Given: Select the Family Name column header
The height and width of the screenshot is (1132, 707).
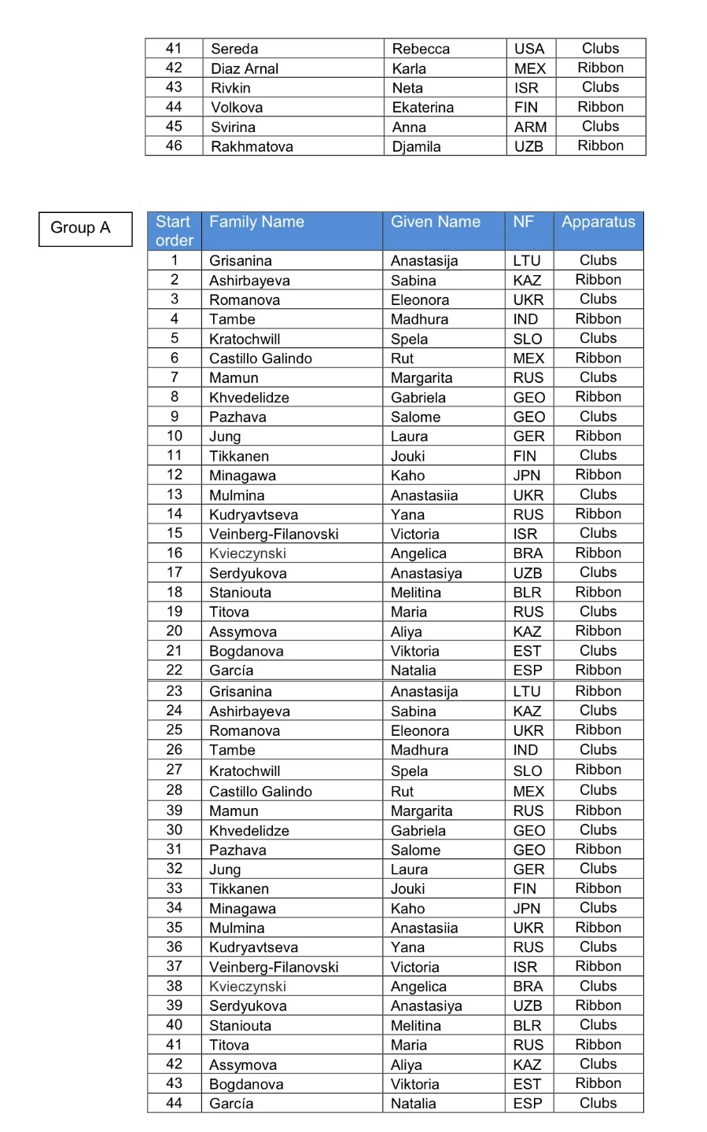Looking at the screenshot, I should pos(256,222).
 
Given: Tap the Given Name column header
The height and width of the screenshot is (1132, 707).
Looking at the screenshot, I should pos(435,222).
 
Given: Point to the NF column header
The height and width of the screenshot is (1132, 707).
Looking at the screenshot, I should pos(523,222).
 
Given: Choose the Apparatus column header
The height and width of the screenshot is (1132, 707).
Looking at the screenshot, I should pos(598,222).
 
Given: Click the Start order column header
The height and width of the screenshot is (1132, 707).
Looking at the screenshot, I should pos(174,231).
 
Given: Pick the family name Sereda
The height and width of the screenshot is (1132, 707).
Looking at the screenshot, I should pos(234,49).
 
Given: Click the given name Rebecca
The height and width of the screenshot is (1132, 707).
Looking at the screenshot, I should pos(421,49).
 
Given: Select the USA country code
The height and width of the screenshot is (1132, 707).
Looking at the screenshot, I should pos(529,49).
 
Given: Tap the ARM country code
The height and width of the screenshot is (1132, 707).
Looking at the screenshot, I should pos(530,127).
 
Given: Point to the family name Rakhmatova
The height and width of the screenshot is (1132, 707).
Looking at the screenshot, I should pos(252,146).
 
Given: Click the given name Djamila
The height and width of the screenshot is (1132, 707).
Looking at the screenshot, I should pos(416,146).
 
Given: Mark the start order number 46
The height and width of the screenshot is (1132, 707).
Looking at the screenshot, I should pos(174,145).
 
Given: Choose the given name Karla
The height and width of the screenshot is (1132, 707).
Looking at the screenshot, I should pos(409,68).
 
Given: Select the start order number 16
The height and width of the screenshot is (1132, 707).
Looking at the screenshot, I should pos(175,553).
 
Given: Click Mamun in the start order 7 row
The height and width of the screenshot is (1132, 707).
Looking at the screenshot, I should pos(234,377).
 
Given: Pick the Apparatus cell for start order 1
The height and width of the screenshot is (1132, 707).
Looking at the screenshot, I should pos(598,260).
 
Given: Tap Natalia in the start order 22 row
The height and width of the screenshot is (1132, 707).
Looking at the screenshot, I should pos(413,671).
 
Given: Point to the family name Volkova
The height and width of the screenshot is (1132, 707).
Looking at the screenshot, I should pos(237,108).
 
